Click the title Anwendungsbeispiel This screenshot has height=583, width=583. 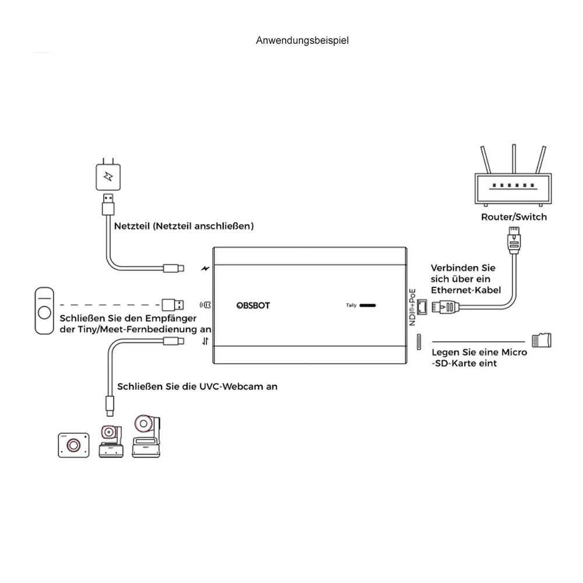[x=303, y=41]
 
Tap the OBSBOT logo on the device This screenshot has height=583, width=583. [x=254, y=305]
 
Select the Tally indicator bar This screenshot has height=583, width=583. [x=367, y=305]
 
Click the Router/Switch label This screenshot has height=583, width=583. [x=514, y=217]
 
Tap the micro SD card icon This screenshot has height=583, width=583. [x=542, y=340]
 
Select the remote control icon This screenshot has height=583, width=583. [x=44, y=310]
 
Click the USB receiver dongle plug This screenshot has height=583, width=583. [x=173, y=304]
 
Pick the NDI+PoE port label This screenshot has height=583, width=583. [x=412, y=307]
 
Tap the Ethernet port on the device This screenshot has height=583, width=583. [x=422, y=305]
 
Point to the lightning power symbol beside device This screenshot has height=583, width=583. [x=205, y=269]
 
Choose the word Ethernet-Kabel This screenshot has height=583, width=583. [x=466, y=290]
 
